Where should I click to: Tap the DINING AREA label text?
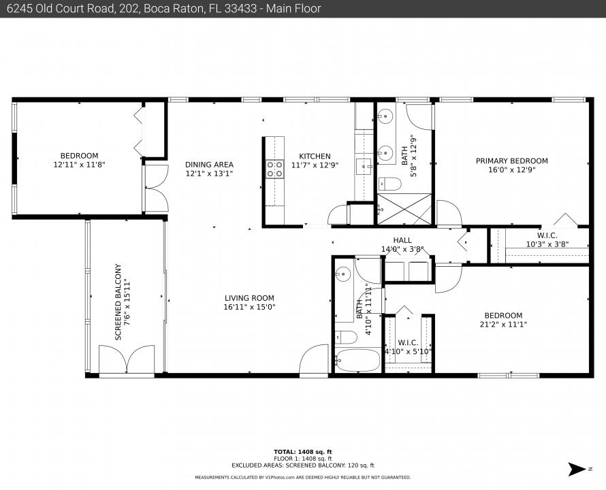point(209,164)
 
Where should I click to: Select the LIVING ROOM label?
point(249,297)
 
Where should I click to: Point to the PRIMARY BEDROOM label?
point(511,161)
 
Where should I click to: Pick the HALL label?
point(402,240)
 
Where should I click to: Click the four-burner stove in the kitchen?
point(274,169)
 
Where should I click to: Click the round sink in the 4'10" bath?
point(343,275)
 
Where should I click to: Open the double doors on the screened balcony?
point(127,359)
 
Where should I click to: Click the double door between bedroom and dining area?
point(156,189)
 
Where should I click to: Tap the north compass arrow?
point(578,469)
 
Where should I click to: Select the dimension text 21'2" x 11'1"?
point(503,325)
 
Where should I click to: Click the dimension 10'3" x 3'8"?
point(547,244)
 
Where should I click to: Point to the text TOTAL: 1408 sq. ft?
point(302,452)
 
